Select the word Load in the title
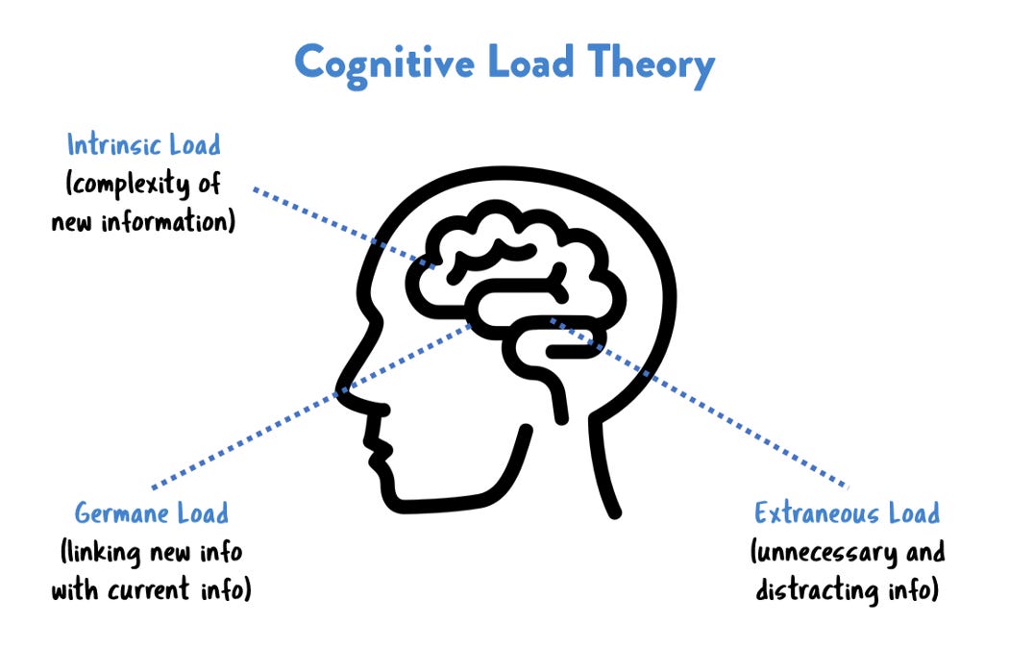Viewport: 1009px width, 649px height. pyautogui.click(x=541, y=62)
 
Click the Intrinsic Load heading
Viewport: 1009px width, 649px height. pyautogui.click(x=143, y=146)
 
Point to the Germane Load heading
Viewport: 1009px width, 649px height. pyautogui.click(x=152, y=512)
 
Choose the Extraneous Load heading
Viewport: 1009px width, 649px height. pyautogui.click(x=847, y=512)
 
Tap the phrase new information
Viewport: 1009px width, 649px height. pyautogui.click(x=145, y=221)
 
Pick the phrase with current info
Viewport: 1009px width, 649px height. pyautogui.click(x=151, y=588)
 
